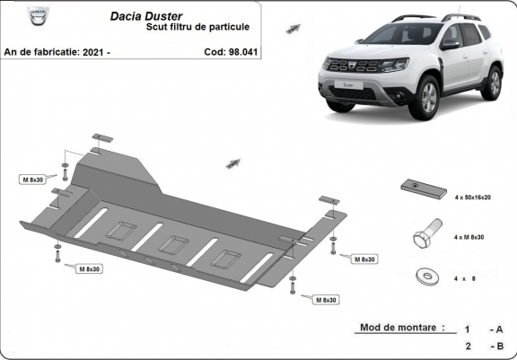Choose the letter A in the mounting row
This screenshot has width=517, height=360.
497,329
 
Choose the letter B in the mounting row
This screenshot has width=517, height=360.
497,346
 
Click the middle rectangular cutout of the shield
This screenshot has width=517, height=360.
171,243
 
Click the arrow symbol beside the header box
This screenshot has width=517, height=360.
293,28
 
